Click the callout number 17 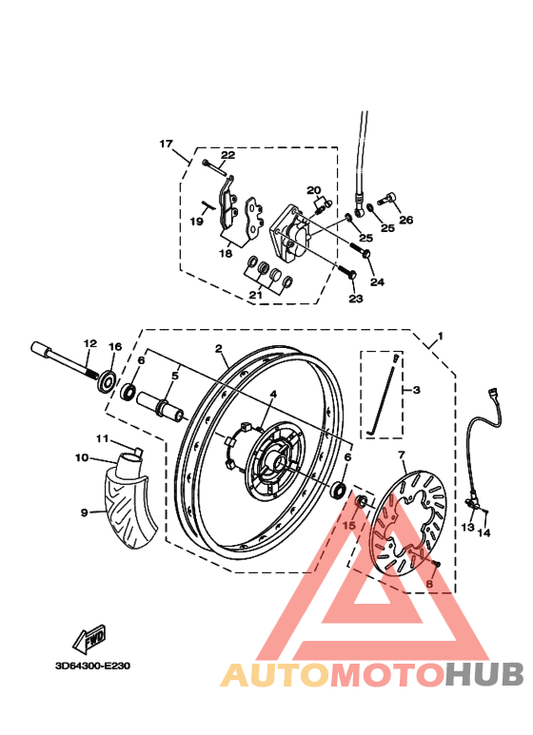[x=167, y=145]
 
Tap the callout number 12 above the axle [x=89, y=343]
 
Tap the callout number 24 [x=377, y=281]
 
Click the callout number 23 [x=355, y=299]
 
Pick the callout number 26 [x=406, y=221]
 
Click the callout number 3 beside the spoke [x=416, y=390]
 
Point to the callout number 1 [x=439, y=338]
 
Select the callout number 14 [x=484, y=533]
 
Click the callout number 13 [x=467, y=527]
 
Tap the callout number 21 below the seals [x=254, y=296]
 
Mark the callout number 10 [x=82, y=457]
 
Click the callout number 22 [x=227, y=155]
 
